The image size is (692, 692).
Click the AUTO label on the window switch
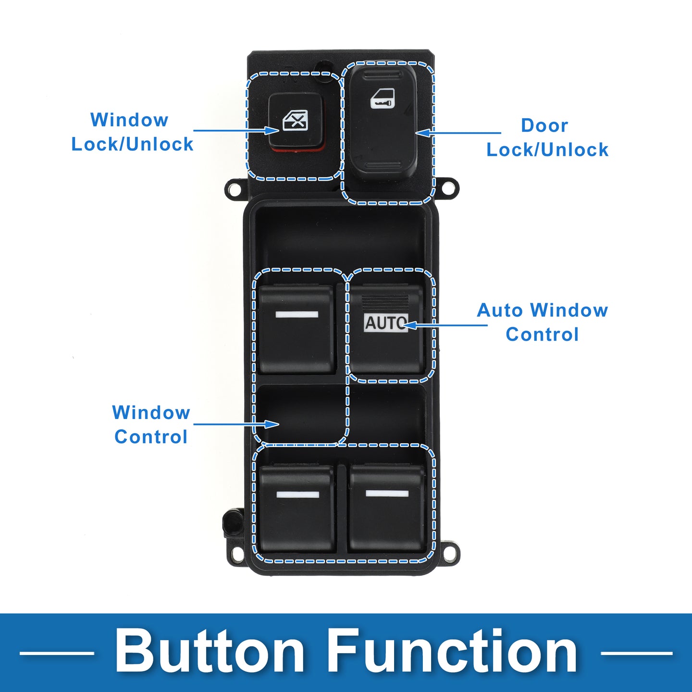386,322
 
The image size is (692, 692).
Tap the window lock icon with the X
295,120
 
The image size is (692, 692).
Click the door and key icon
383,98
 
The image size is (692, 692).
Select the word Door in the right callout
544,125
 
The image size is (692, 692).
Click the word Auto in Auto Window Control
500,310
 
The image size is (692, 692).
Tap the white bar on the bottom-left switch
297,494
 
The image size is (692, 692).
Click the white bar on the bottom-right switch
387,494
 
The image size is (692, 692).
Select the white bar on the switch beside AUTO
297,315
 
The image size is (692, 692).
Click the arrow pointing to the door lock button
458,133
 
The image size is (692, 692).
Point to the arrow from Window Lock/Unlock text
236,130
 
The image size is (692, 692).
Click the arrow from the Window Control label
236,424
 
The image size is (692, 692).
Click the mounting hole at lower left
236,554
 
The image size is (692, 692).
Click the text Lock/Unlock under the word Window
133,144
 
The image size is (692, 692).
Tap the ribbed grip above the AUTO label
385,302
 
